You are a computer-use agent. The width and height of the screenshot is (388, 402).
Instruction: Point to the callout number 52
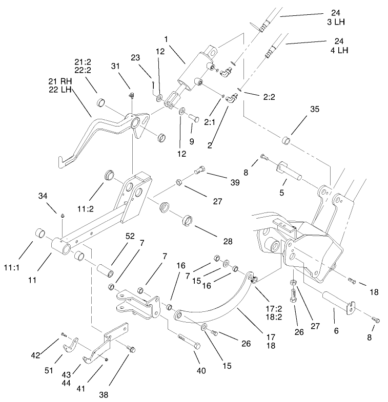coord(130,236)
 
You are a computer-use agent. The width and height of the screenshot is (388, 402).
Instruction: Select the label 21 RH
coord(57,81)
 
